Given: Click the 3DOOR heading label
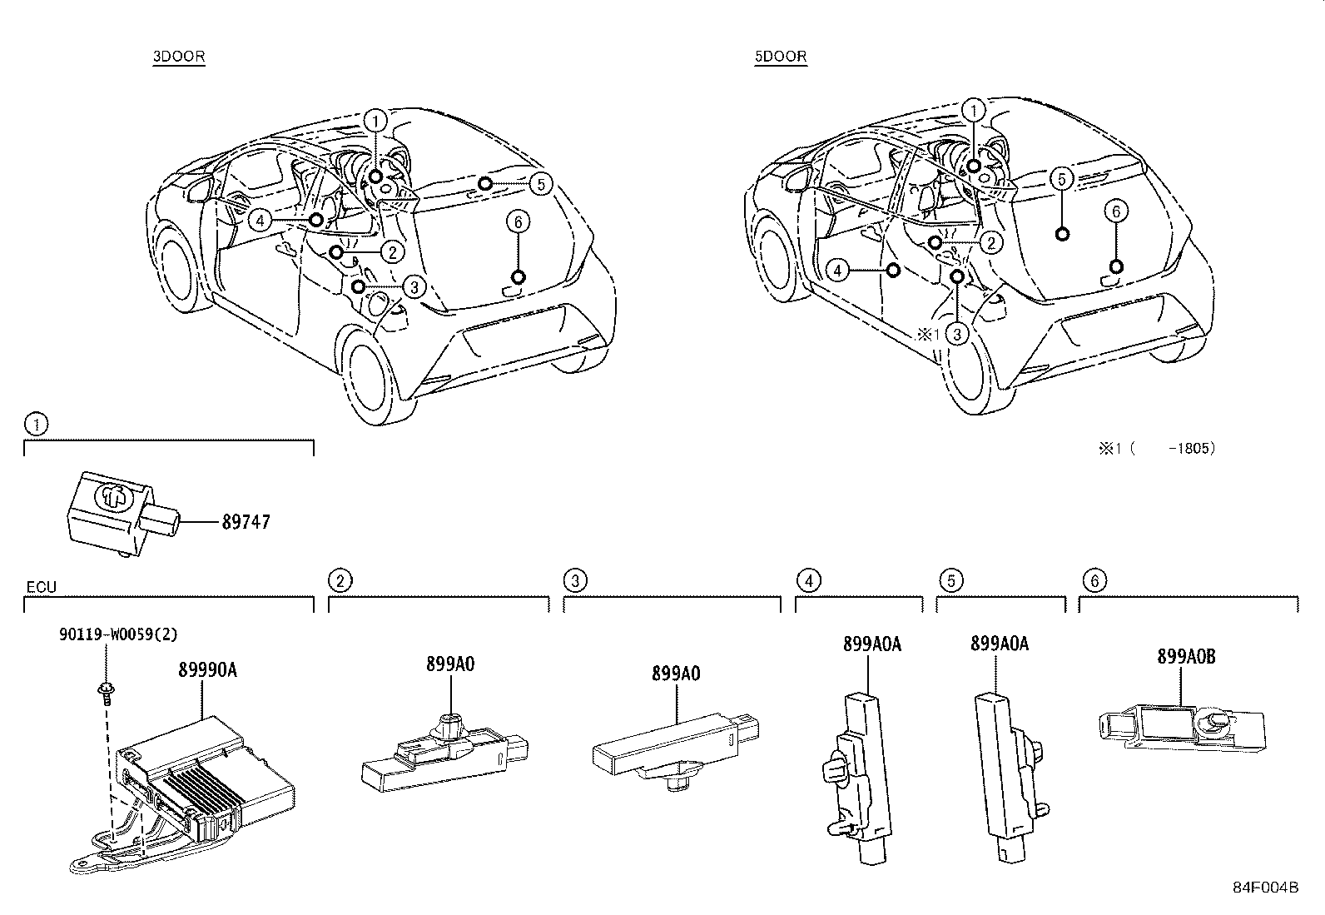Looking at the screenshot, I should click(178, 57).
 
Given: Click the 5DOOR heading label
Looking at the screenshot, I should click(780, 57).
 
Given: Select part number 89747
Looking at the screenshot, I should click(246, 523).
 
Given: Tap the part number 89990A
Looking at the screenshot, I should click(206, 669).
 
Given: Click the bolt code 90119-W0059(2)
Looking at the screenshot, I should click(118, 634).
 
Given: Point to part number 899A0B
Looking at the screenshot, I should click(1186, 656).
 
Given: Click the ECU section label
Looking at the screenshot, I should click(41, 588).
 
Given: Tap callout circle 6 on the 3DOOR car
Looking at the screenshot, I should click(518, 221).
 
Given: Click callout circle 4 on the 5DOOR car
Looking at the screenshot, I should click(839, 270).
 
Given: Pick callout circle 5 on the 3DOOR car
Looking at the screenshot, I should click(541, 183).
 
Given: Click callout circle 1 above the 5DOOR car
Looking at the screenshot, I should click(973, 110).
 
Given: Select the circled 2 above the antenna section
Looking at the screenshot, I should click(339, 579).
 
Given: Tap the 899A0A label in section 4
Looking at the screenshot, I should click(871, 644).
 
